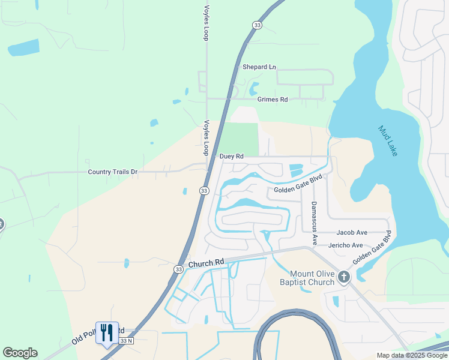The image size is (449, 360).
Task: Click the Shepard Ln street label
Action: click(x=259, y=67)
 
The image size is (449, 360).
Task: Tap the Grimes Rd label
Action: click(x=273, y=100)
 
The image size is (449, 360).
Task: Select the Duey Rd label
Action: click(x=231, y=157)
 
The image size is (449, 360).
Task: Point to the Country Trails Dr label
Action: click(x=113, y=172)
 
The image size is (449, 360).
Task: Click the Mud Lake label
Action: click(x=387, y=140)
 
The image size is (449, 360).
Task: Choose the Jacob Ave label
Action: click(x=352, y=232)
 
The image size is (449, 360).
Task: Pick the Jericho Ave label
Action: click(x=346, y=245)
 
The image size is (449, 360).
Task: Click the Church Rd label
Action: click(x=206, y=263)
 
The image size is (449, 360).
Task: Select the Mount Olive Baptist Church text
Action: click(x=307, y=278)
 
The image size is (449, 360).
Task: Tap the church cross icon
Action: click(x=343, y=277)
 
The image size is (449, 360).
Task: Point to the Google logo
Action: click(x=20, y=353)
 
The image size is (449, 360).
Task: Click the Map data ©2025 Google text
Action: click(x=411, y=355)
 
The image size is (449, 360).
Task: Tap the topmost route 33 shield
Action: click(x=258, y=25)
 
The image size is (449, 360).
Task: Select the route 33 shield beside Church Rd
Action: click(x=179, y=269)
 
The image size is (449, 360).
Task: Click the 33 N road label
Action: click(x=125, y=341)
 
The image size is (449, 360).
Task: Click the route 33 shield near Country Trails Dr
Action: click(x=204, y=191)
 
